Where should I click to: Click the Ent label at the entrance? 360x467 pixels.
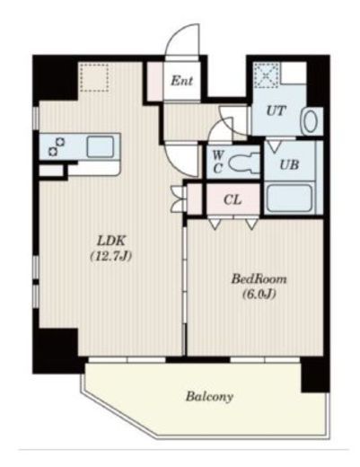pyautogui.click(x=181, y=81)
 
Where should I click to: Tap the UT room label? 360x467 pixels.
pyautogui.click(x=276, y=111)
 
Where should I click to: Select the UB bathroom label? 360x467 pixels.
pyautogui.click(x=289, y=164)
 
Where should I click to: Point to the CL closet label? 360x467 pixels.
pyautogui.click(x=233, y=199)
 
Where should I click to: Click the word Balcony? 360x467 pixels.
pyautogui.click(x=209, y=397)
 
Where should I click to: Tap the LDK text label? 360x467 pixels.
pyautogui.click(x=111, y=241)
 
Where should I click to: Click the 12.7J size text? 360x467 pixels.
pyautogui.click(x=111, y=256)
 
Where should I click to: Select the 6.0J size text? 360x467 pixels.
pyautogui.click(x=259, y=295)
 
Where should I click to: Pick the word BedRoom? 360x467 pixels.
pyautogui.click(x=259, y=279)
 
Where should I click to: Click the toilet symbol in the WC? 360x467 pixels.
pyautogui.click(x=244, y=163)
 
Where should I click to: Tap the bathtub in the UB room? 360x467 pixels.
pyautogui.click(x=289, y=198)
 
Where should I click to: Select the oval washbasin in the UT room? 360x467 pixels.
pyautogui.click(x=311, y=121)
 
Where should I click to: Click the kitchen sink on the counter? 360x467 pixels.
pyautogui.click(x=101, y=146)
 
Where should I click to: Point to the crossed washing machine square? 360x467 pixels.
pyautogui.click(x=266, y=75)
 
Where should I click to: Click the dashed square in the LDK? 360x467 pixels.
pyautogui.click(x=94, y=77)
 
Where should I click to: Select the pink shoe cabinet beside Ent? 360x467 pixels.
pyautogui.click(x=155, y=81)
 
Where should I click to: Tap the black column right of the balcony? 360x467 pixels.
pyautogui.click(x=315, y=374)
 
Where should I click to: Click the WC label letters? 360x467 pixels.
pyautogui.click(x=218, y=162)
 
